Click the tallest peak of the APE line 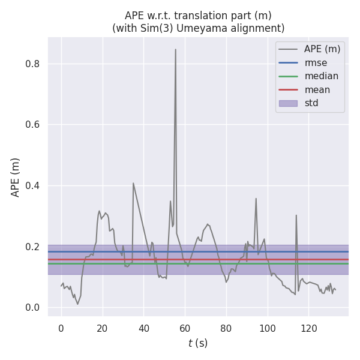pos(176,50)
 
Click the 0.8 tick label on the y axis pos(32,64)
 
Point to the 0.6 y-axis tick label pos(32,125)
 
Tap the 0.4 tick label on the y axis pos(32,186)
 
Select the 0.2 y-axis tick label pos(32,247)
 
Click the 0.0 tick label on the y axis pos(32,308)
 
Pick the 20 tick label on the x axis pos(102,329)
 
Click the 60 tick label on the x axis pos(185,329)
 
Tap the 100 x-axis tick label pos(268,329)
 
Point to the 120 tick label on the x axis pos(309,329)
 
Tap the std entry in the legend pos(311,103)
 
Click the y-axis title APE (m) pos(16,177)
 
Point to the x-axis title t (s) pos(197,344)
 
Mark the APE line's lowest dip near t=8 pos(77,304)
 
